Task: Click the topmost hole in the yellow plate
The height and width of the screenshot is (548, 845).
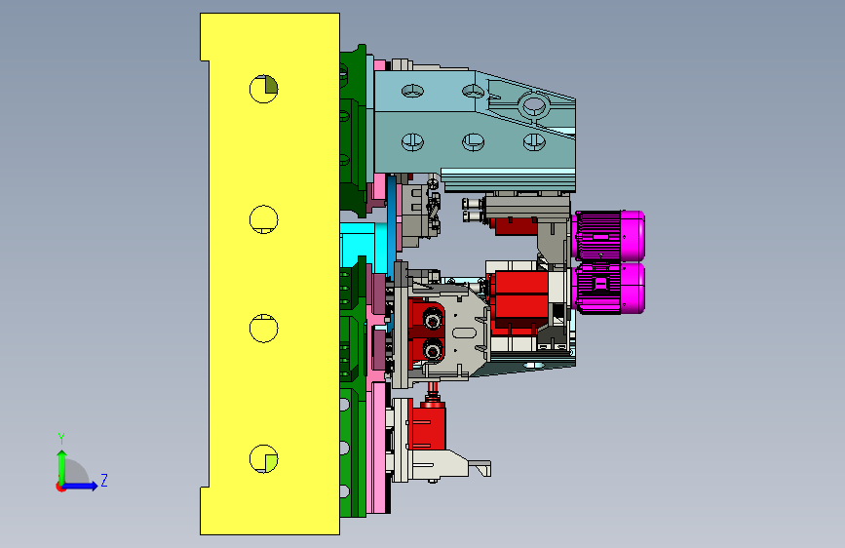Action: coord(263,89)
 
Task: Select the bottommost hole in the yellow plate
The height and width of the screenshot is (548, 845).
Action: coord(263,459)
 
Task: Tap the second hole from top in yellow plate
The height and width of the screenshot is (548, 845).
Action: coord(263,219)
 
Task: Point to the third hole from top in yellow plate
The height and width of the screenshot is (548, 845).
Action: coord(263,328)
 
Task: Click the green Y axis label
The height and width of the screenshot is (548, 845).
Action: coord(61,438)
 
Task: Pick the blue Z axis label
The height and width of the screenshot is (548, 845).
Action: coord(104,480)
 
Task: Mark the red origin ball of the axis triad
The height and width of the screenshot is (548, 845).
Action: coord(60,487)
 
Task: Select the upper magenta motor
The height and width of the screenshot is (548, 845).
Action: coord(609,236)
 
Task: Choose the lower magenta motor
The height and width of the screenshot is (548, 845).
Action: coord(609,288)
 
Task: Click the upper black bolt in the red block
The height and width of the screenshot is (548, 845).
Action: coord(433,319)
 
